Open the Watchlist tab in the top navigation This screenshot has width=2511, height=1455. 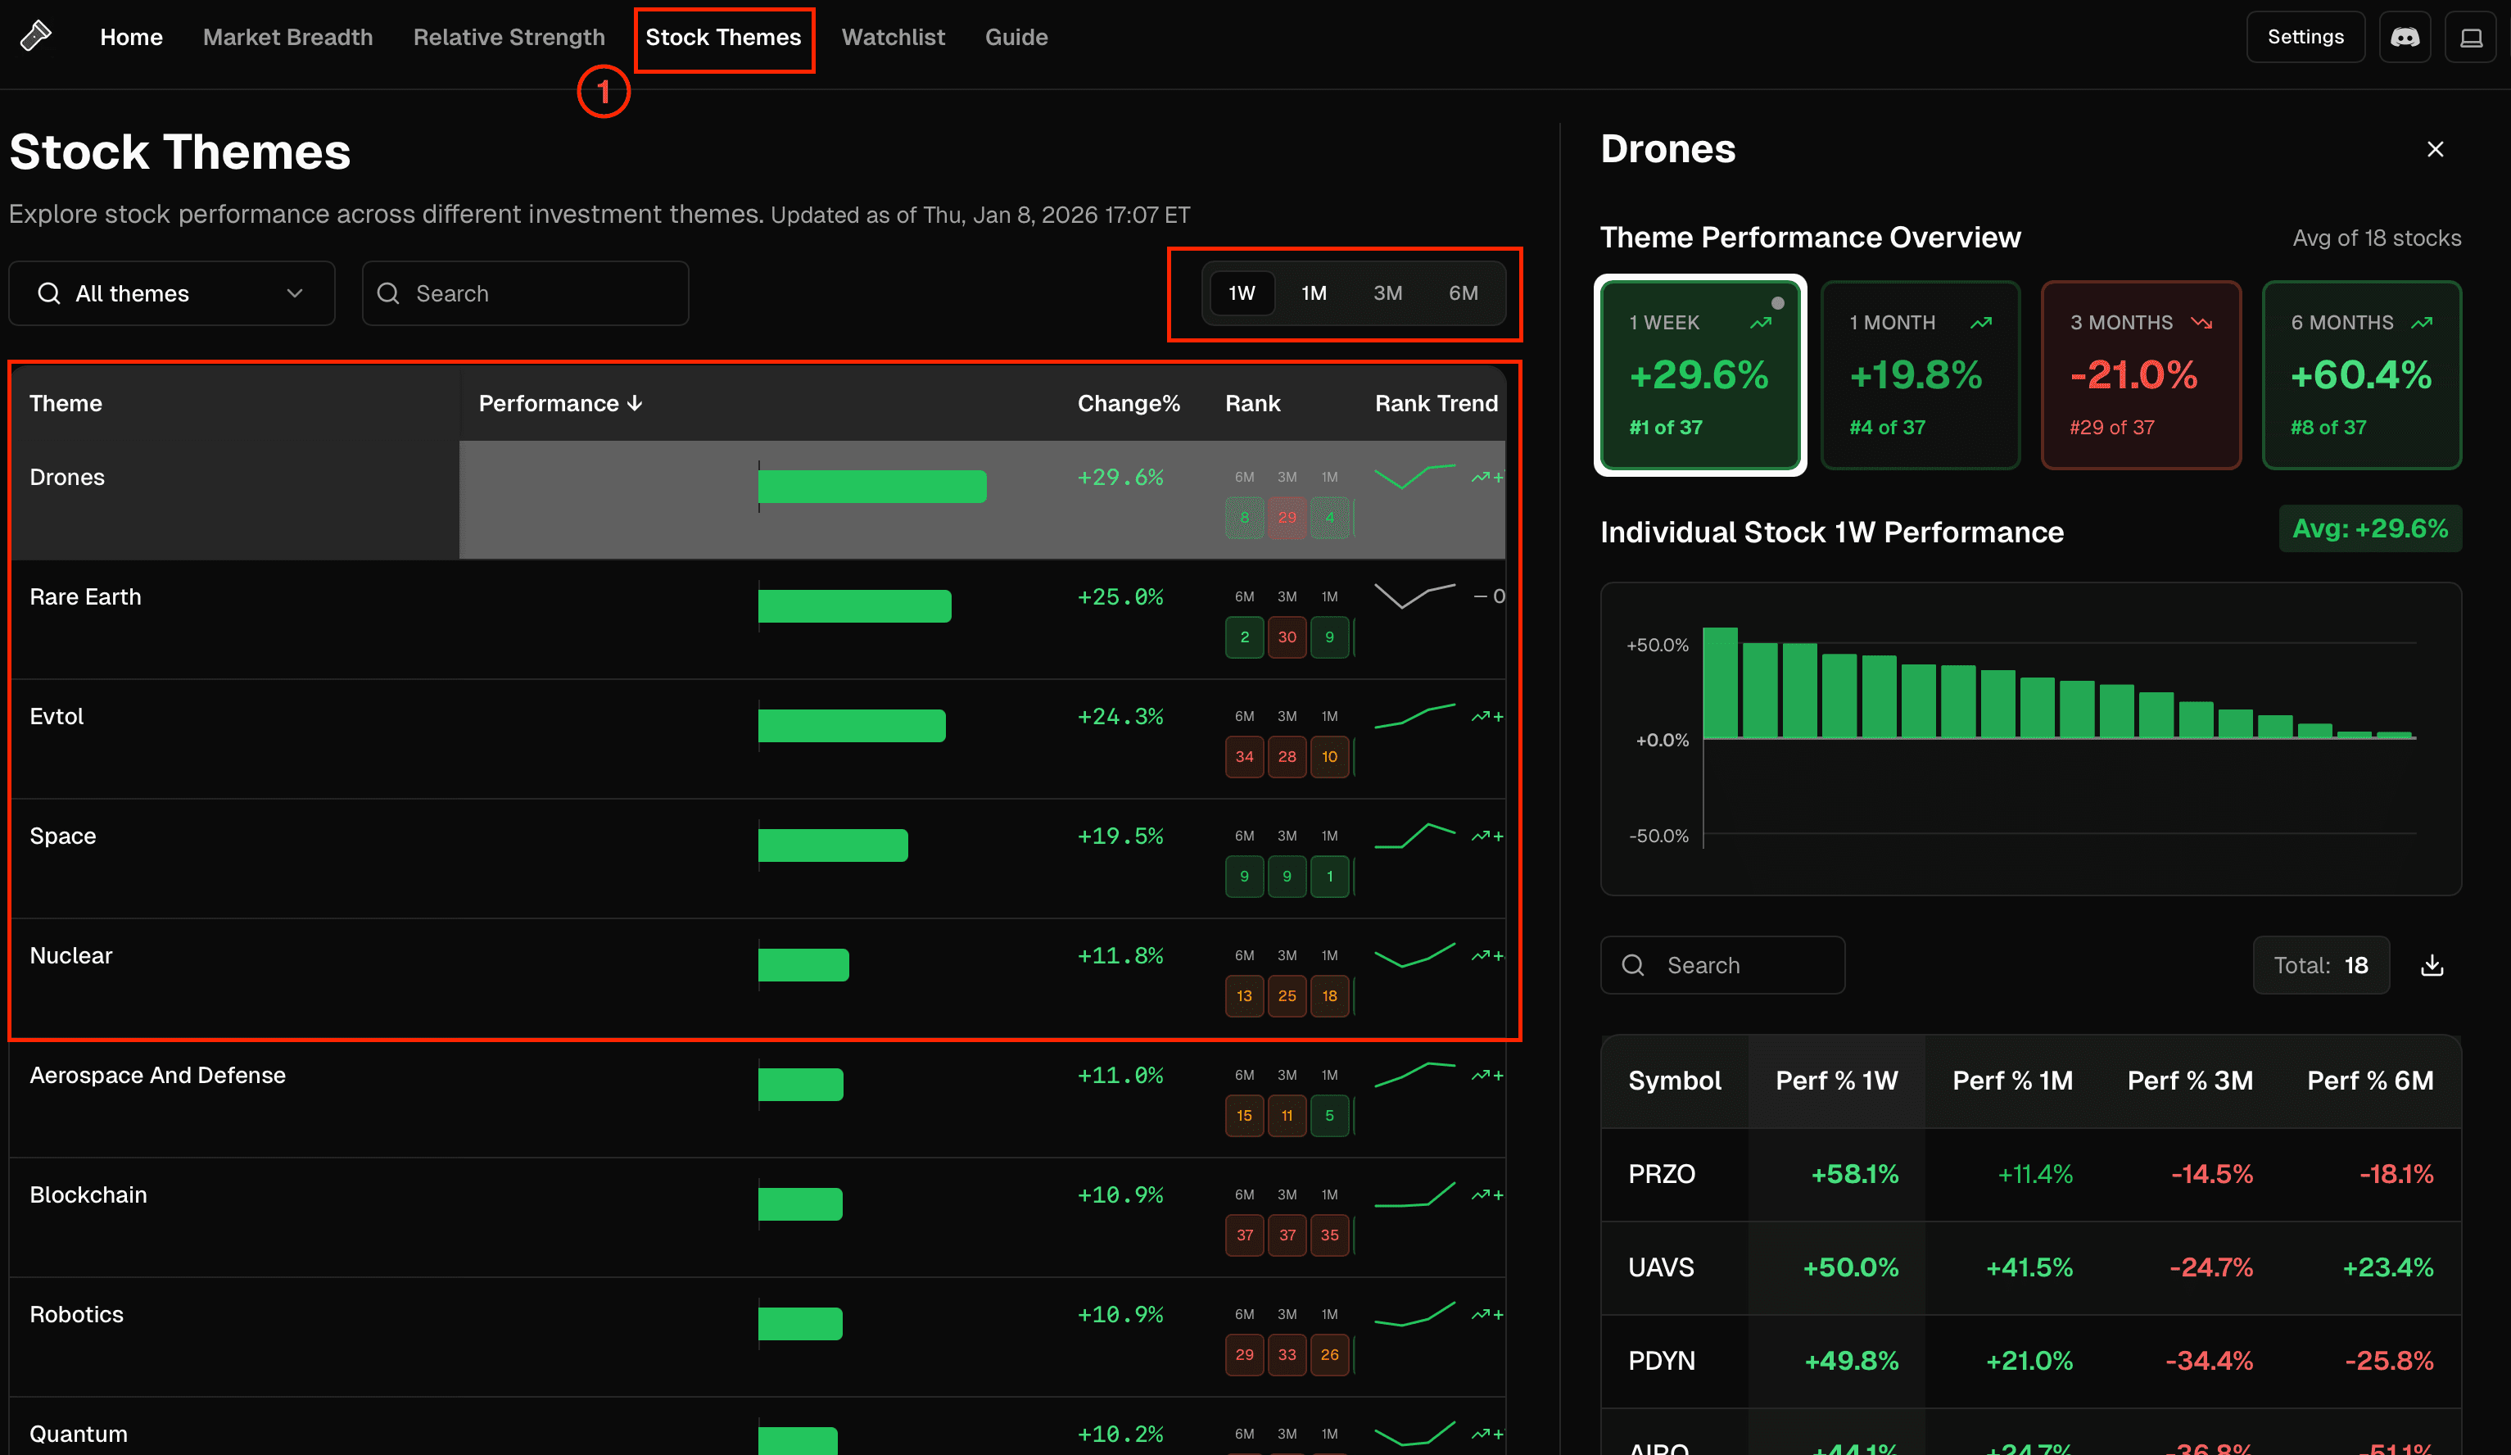point(893,38)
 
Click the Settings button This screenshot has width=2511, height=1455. point(2305,38)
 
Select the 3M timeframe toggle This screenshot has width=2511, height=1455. point(1387,293)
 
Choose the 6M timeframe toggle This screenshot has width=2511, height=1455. point(1463,293)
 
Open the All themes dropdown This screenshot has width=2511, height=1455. point(171,293)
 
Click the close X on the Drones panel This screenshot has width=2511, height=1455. point(2436,149)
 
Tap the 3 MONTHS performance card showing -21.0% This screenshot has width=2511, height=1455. point(2140,374)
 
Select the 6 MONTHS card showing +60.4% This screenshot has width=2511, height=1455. point(2362,374)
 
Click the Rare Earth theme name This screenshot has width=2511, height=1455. point(86,597)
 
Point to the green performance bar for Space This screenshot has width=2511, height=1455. point(832,845)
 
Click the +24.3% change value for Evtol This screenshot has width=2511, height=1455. point(1120,717)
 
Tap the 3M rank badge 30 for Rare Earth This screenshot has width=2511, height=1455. point(1287,637)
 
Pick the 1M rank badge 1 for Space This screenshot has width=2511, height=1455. point(1329,876)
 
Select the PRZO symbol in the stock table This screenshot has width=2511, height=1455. point(1661,1174)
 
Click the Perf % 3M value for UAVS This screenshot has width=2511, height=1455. point(2210,1267)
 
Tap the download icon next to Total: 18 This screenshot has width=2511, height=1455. point(2432,965)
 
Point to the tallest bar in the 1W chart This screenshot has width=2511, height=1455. point(1720,682)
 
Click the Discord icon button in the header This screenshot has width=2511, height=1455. point(2405,38)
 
